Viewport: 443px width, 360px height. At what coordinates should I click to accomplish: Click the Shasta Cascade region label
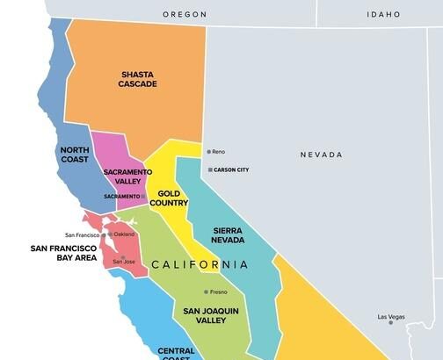coord(138,79)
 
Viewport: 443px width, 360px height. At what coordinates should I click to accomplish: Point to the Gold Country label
coord(169,198)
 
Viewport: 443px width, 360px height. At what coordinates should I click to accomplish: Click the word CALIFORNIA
coord(200,264)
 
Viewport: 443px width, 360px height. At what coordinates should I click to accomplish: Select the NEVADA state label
coord(321,155)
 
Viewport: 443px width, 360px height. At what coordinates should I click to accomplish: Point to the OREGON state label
coord(184,14)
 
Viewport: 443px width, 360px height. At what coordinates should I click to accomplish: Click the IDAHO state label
coord(385,14)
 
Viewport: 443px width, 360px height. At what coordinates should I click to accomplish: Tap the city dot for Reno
coord(208,152)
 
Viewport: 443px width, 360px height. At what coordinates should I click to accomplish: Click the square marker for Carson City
coord(209,169)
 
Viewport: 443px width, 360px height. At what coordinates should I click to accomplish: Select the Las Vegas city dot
coord(391,322)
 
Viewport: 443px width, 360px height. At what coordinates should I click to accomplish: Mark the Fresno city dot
coord(207,292)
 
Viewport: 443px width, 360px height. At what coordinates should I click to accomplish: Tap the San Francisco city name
coord(83,235)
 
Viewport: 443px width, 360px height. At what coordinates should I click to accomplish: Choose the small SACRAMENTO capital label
coord(121,196)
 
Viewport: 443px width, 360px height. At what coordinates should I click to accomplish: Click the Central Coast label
coord(176,354)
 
